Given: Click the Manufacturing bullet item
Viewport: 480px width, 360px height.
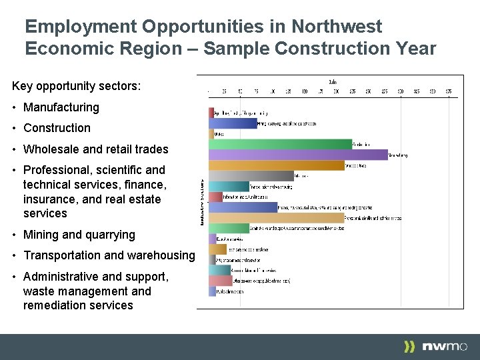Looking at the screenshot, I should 61,107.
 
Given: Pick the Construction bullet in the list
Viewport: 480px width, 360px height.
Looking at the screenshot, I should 57,128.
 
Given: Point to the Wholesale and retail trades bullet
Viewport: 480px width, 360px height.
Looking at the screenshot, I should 95,149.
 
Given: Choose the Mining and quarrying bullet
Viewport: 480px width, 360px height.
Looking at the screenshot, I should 79,235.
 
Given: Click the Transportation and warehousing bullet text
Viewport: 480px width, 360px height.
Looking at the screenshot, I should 109,255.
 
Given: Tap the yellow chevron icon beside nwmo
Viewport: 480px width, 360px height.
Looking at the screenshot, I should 410,346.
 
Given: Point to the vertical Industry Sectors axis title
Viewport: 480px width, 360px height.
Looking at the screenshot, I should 203,201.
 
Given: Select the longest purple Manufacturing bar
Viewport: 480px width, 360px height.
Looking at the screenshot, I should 297,155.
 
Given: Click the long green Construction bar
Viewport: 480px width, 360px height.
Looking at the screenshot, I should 280,144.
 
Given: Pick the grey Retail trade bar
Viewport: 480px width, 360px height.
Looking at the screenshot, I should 251,176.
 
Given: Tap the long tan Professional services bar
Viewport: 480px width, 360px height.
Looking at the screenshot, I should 276,218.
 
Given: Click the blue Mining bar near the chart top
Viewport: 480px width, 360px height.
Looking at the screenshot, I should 233,123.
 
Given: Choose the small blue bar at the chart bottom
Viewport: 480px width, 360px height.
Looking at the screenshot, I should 211,291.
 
